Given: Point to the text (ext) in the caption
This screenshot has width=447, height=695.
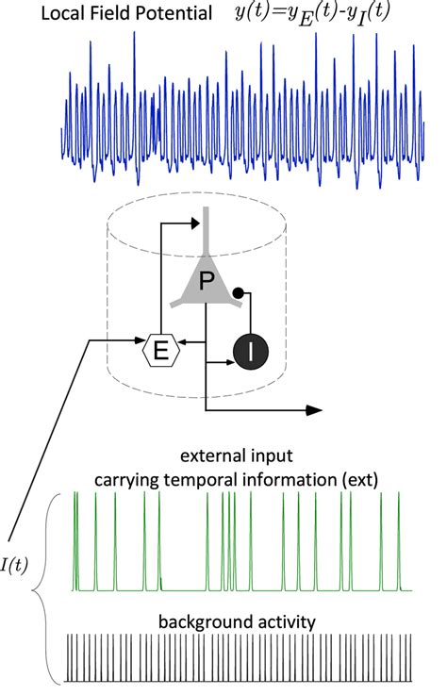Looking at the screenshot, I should (x=357, y=479).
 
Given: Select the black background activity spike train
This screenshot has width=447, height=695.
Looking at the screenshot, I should (x=240, y=658).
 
